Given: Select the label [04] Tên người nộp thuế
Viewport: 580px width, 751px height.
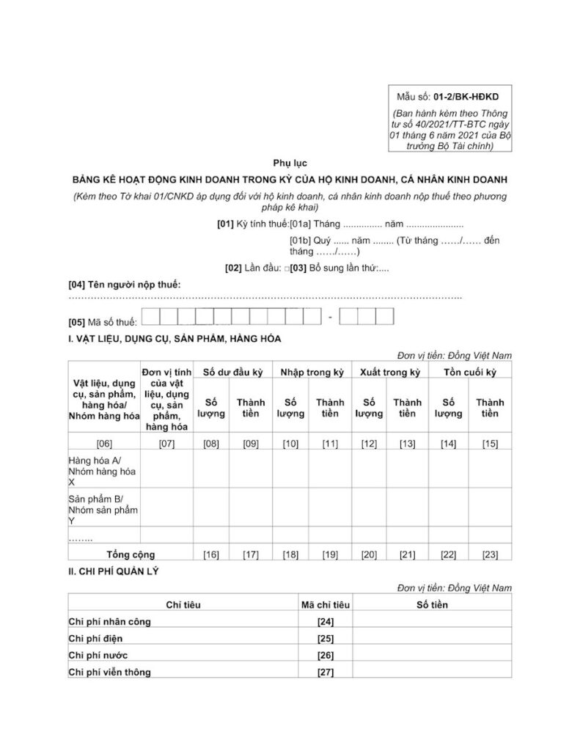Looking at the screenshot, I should click(124, 284).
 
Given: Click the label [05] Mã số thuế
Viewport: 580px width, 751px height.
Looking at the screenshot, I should click(102, 322).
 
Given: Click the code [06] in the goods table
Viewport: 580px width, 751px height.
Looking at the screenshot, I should click(103, 443).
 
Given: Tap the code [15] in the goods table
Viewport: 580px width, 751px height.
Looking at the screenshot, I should click(490, 443).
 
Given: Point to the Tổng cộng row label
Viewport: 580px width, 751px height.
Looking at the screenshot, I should click(131, 554).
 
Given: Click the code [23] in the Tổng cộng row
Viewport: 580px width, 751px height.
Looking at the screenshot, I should click(490, 554).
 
